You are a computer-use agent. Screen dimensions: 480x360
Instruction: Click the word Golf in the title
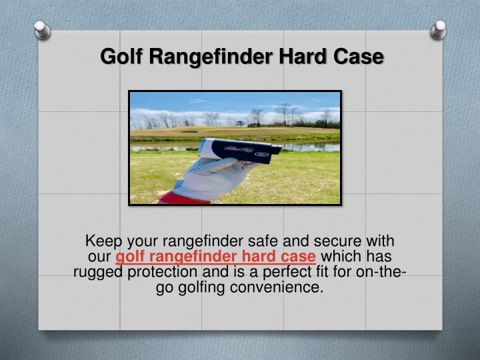[x=121, y=56]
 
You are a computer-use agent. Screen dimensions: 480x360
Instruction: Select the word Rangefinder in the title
[x=211, y=56]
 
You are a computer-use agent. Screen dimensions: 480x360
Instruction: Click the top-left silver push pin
[x=42, y=30]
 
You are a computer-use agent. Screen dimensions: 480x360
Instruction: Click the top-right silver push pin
[x=439, y=30]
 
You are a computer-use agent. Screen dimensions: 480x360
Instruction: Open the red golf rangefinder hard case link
[x=215, y=257]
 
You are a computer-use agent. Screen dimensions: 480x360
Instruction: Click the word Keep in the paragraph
[x=103, y=241]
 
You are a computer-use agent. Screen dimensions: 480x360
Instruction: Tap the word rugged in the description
[x=99, y=272]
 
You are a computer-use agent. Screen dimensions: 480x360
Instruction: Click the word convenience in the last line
[x=277, y=287]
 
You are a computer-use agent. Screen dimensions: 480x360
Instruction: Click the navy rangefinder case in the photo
[x=239, y=150]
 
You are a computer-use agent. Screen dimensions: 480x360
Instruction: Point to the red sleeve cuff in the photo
[x=184, y=199]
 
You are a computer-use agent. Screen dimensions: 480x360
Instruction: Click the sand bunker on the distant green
[x=189, y=131]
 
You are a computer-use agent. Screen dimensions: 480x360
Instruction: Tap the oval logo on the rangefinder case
[x=262, y=154]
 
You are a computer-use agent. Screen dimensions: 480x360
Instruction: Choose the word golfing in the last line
[x=201, y=288]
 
